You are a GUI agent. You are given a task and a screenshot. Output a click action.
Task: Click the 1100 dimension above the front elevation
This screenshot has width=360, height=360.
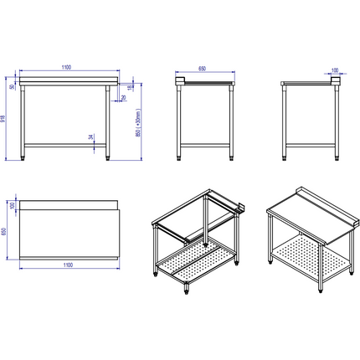click(67, 66)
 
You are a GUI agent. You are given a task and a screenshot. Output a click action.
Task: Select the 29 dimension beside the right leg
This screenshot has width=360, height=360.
click(124, 98)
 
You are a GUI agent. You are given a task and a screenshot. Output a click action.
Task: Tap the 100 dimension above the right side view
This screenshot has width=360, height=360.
click(336, 70)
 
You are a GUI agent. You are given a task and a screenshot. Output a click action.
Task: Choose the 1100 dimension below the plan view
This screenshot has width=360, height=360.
click(67, 265)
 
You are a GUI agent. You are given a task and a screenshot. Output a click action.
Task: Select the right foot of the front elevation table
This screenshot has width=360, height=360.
click(110, 156)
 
